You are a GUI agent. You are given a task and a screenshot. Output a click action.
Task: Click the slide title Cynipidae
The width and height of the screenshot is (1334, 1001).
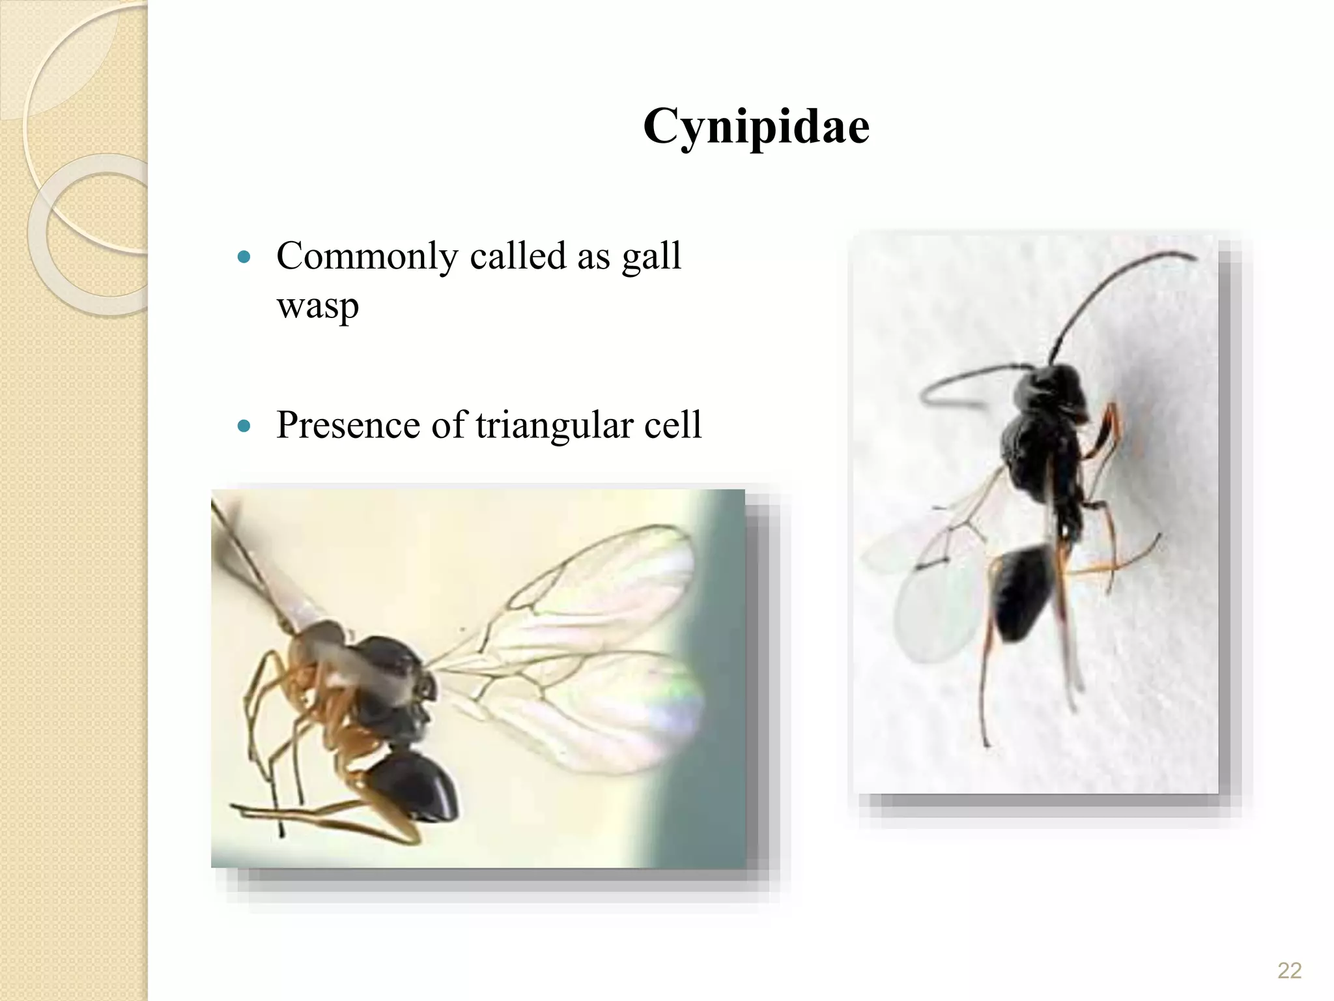pyautogui.click(x=756, y=126)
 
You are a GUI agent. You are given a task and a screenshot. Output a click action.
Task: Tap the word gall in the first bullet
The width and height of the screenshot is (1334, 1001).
pyautogui.click(x=651, y=257)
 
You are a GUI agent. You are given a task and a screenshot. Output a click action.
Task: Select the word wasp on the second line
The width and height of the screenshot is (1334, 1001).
pyautogui.click(x=317, y=306)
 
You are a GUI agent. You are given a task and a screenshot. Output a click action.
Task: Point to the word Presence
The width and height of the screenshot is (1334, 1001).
pyautogui.click(x=348, y=425)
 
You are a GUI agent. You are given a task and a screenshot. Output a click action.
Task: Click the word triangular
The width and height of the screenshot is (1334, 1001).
pyautogui.click(x=554, y=426)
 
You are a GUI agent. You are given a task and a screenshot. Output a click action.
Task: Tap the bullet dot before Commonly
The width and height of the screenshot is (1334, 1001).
pyautogui.click(x=244, y=257)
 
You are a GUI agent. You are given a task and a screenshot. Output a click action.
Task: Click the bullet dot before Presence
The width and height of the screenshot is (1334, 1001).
pyautogui.click(x=244, y=427)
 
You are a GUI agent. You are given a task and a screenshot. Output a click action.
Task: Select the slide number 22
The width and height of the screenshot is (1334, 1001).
pyautogui.click(x=1289, y=970)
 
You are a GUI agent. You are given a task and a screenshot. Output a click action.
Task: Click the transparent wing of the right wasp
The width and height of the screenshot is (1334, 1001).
pyautogui.click(x=931, y=606)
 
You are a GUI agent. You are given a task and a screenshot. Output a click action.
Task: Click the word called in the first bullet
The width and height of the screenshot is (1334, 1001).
pyautogui.click(x=517, y=255)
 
